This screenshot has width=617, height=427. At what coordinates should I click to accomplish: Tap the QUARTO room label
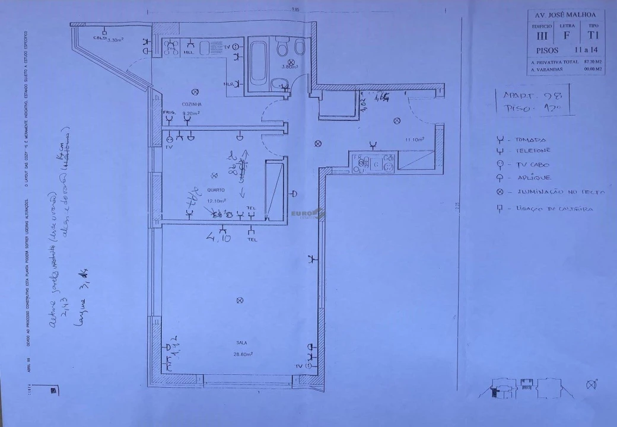click(x=215, y=190)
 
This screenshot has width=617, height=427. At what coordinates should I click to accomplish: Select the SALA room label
click(x=241, y=343)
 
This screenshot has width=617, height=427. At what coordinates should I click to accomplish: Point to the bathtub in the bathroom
click(x=257, y=63)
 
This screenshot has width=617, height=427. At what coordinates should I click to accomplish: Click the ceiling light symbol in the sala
click(x=240, y=301)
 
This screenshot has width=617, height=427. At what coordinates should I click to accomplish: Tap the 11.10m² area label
click(x=414, y=139)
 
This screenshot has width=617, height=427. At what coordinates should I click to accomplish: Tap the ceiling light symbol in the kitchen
click(x=196, y=91)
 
